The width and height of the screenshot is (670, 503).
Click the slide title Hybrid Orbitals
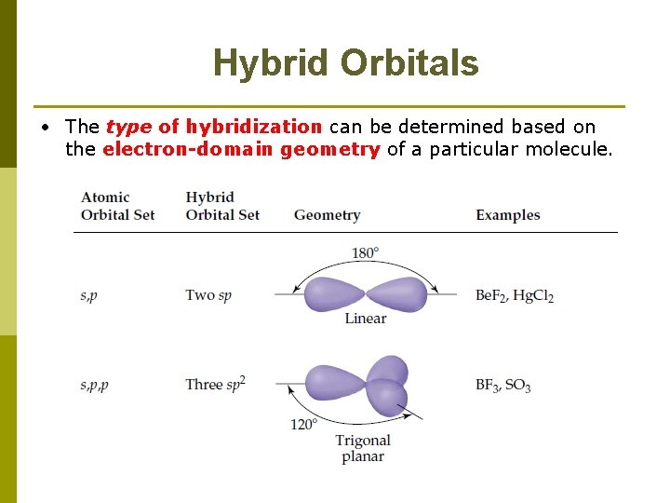coord(345,63)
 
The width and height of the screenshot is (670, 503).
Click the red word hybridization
coord(253,127)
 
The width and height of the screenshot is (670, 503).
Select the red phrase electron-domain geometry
coord(241,149)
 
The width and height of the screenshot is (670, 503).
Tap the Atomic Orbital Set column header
coord(117,206)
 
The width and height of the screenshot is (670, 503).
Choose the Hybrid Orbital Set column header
coord(222,206)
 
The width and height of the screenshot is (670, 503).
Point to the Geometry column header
coord(327,215)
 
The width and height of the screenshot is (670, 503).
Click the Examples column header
coord(507,215)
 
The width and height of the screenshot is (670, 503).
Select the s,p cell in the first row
coord(89,295)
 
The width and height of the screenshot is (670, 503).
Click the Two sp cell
coord(208,295)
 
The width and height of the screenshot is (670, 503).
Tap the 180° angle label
coord(365,252)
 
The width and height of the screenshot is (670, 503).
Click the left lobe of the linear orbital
coord(334,294)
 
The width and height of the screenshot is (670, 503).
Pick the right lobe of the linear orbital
coord(397,294)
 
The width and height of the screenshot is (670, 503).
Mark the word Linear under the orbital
coord(365,319)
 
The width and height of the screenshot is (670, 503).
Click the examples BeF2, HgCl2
coord(514,295)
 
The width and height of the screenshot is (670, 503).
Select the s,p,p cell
coord(95,384)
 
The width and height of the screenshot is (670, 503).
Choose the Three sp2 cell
coord(215,384)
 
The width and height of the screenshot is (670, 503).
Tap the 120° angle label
coord(303,424)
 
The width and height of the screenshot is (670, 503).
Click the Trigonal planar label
coord(363,448)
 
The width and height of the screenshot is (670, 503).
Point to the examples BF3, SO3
coord(502,384)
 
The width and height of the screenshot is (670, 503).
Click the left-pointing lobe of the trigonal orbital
coord(336,383)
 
